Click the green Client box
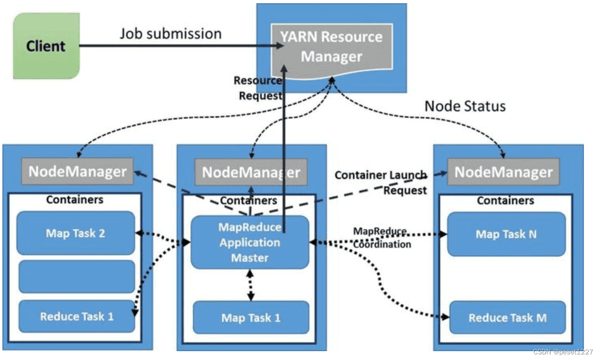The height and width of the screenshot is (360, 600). (46, 46)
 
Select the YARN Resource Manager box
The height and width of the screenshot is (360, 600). (331, 47)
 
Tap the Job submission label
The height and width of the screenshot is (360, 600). (170, 34)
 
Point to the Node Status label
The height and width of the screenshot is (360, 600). (465, 106)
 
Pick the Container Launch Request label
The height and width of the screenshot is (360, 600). (381, 182)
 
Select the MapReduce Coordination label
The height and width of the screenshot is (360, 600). (382, 238)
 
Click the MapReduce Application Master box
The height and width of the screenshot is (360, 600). (250, 242)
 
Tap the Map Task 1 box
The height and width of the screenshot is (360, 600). (251, 317)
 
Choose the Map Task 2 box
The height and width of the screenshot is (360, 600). (75, 233)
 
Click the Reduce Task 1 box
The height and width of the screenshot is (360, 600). (76, 316)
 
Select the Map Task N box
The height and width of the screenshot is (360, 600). (506, 234)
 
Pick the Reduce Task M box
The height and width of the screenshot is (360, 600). (507, 317)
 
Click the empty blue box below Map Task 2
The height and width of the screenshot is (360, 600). (75, 277)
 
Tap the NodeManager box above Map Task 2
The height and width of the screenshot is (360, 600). (77, 171)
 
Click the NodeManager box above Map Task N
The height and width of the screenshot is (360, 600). (503, 172)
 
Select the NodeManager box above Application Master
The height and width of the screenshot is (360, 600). (251, 172)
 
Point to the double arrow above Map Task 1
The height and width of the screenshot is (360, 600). (251, 285)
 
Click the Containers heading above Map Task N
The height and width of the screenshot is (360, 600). (505, 201)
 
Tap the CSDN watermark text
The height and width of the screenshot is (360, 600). (563, 352)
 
